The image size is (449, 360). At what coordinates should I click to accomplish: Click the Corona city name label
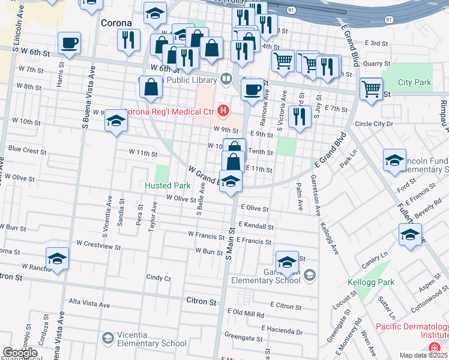pyautogui.click(x=116, y=23)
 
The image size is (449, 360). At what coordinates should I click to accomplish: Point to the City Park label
pyautogui.click(x=414, y=82)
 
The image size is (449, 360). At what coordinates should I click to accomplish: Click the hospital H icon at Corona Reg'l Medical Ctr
pyautogui.click(x=224, y=110)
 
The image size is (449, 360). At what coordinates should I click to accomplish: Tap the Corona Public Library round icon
pyautogui.click(x=226, y=78)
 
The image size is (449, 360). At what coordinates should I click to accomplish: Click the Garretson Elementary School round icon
pyautogui.click(x=309, y=275)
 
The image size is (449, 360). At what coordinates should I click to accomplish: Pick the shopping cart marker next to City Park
pyautogui.click(x=372, y=89)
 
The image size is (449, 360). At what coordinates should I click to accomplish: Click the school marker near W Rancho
pyautogui.click(x=58, y=259)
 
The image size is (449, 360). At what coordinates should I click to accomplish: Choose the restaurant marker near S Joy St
pyautogui.click(x=299, y=116)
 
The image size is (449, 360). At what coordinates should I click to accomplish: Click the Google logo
pyautogui.click(x=20, y=353)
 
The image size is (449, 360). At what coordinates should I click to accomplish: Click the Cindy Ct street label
pyautogui.click(x=158, y=278)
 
